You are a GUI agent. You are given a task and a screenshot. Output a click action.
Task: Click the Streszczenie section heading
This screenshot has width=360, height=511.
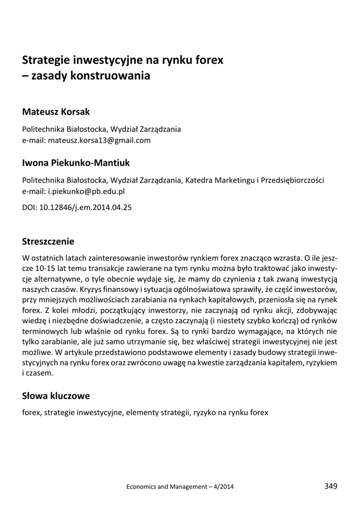pos(48,242)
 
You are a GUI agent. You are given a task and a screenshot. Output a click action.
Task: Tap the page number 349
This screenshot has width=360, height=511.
pos(331,486)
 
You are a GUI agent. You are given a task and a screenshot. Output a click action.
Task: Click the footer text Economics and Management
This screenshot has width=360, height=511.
pos(165,487)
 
